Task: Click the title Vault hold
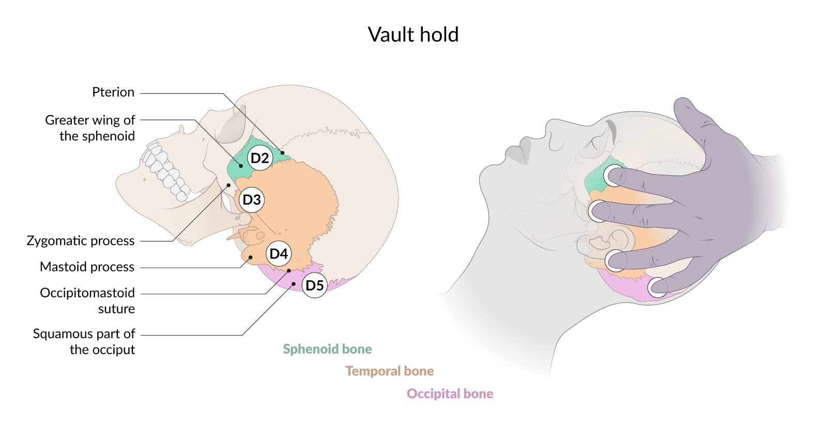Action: (413, 35)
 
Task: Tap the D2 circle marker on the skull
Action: (259, 158)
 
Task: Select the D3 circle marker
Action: (252, 200)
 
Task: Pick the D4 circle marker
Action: (279, 254)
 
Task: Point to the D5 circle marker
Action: (314, 285)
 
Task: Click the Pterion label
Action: (113, 92)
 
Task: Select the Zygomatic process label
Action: (81, 241)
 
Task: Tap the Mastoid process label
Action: (87, 267)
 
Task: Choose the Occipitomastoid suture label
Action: (87, 301)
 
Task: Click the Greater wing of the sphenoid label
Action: (90, 128)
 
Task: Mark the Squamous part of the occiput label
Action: (84, 341)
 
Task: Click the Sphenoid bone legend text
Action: (327, 349)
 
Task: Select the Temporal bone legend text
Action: (389, 371)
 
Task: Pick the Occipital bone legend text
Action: (450, 393)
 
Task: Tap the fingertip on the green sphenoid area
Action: (614, 176)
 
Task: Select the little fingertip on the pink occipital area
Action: (657, 287)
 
